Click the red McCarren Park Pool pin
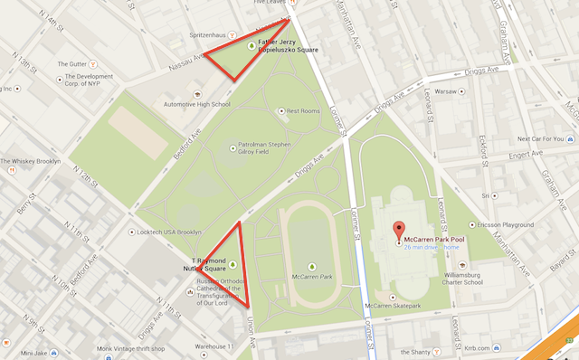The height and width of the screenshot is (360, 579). coord(396,231)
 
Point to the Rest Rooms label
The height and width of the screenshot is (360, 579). coord(303,110)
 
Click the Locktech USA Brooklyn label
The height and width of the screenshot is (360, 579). coord(171,232)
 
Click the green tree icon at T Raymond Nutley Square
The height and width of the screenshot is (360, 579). coord(233,264)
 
